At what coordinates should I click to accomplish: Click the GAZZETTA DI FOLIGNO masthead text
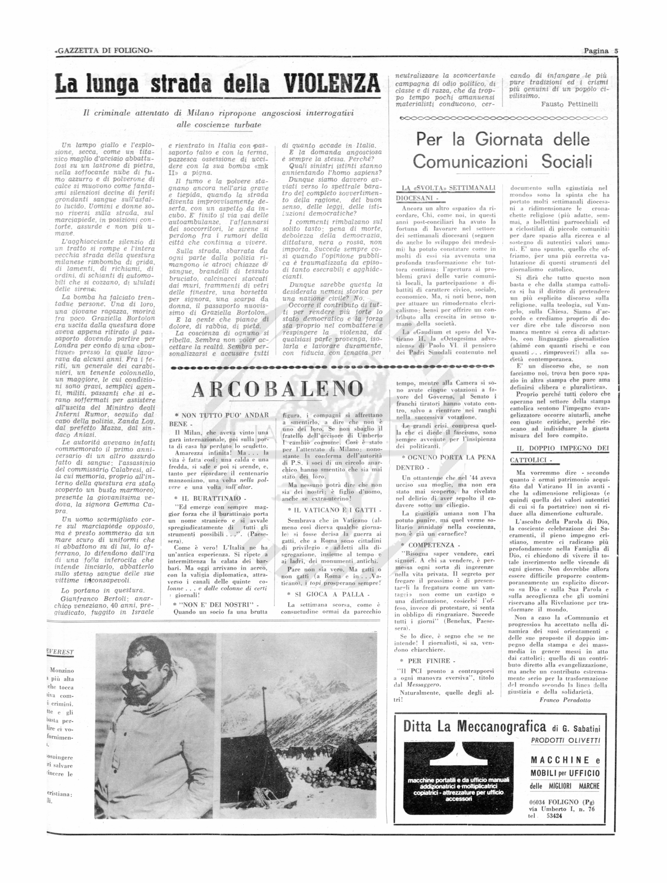point(104,51)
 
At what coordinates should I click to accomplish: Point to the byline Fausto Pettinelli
point(570,104)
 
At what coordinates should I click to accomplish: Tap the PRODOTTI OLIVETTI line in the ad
point(565,740)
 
